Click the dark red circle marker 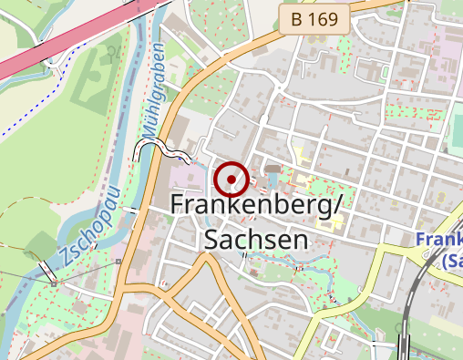point(232,180)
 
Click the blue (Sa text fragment point(450,261)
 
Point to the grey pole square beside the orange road point(118,262)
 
